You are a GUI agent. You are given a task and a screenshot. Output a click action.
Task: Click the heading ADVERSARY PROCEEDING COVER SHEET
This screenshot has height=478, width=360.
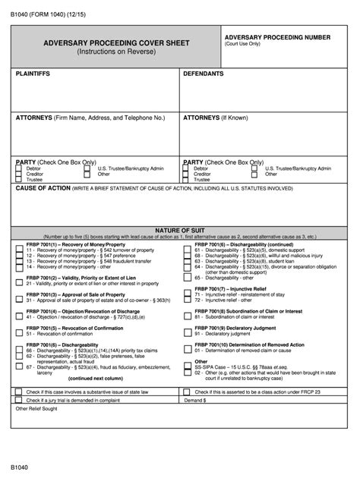coord(116,44)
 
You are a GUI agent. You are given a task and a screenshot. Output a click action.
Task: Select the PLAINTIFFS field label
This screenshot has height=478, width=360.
coord(35,74)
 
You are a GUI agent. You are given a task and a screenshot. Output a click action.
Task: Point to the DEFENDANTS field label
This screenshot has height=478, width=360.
coord(204,74)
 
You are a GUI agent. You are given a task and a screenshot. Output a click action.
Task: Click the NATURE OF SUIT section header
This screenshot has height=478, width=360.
coord(179,228)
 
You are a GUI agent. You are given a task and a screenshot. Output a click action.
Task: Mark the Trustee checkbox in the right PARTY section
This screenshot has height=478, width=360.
coord(186,179)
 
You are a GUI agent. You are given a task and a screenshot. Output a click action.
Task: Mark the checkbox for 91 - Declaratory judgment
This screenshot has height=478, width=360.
coord(187,334)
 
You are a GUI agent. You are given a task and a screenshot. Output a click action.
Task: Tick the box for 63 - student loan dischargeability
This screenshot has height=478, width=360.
coord(187,262)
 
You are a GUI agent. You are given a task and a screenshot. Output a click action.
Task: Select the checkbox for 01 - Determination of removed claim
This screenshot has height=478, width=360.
coord(187,351)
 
